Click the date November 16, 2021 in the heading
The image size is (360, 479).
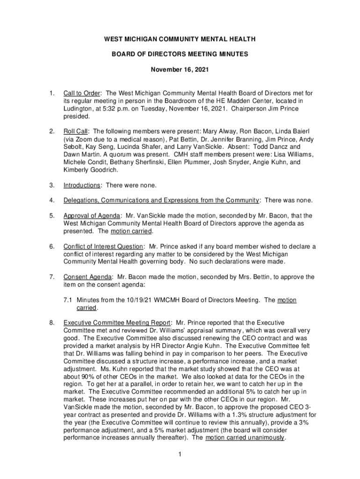tap(180, 69)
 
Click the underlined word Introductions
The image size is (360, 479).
tap(81, 185)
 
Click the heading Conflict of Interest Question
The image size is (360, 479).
tap(103, 247)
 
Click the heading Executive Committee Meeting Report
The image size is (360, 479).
tap(117, 323)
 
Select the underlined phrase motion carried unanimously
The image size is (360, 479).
tap(245, 437)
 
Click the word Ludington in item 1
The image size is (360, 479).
tap(79, 109)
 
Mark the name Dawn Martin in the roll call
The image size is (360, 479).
tap(80, 155)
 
